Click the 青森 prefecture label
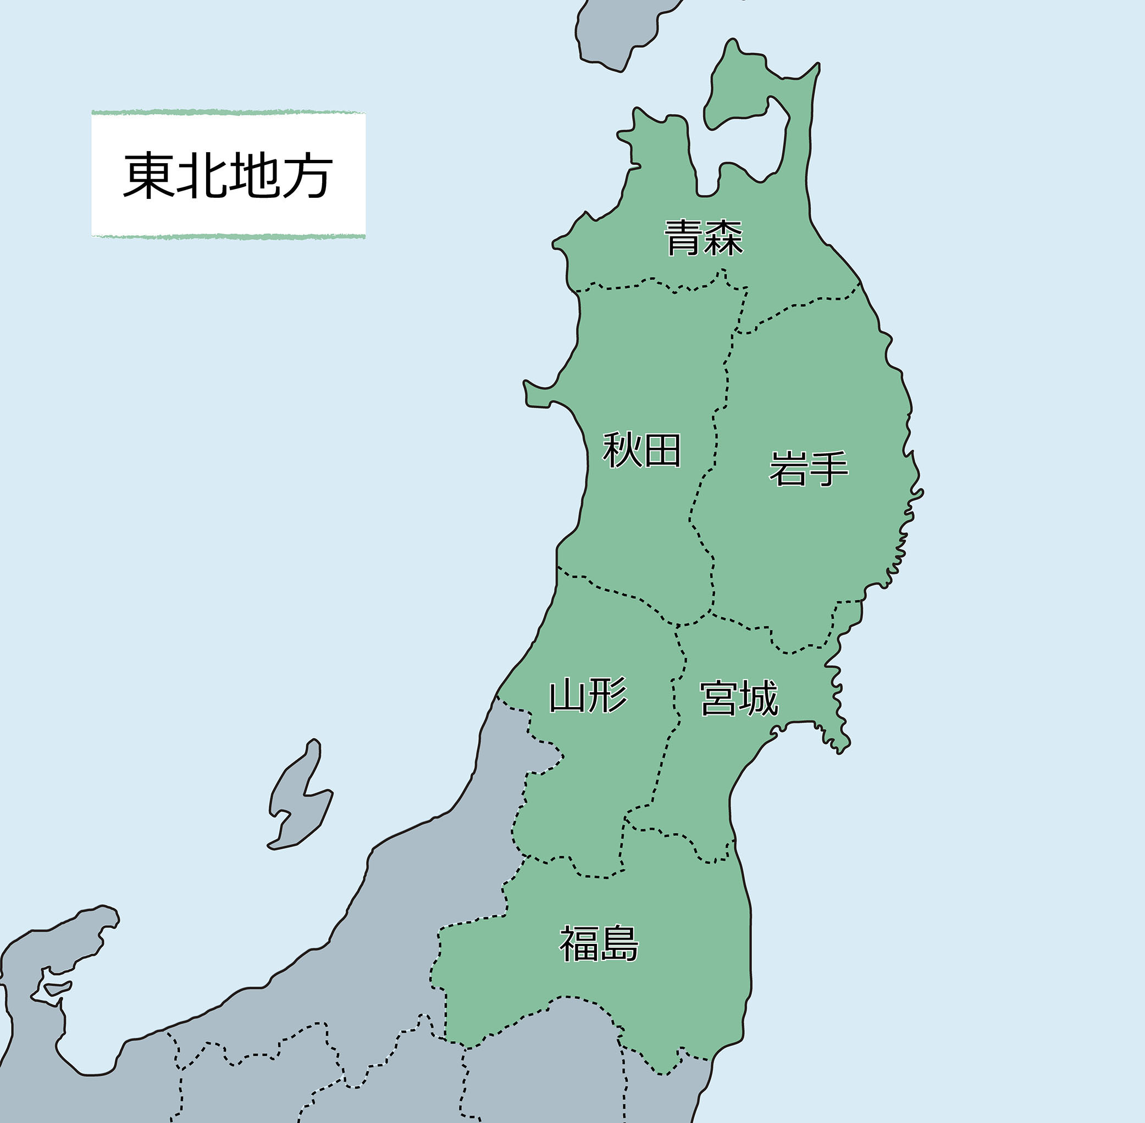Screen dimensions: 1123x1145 [704, 238]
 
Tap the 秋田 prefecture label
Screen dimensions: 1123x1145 [641, 450]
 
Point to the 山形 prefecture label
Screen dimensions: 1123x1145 [588, 696]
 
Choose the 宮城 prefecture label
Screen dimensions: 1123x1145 [739, 698]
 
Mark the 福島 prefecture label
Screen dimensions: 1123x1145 [599, 944]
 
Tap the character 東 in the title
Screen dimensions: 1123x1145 [147, 175]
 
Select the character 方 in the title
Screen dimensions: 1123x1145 [307, 175]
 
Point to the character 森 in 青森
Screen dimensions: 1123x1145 [723, 238]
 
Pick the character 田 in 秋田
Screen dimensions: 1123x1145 [662, 450]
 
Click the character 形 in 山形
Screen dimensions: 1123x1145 [609, 696]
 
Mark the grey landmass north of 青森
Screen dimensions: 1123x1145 [614, 35]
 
